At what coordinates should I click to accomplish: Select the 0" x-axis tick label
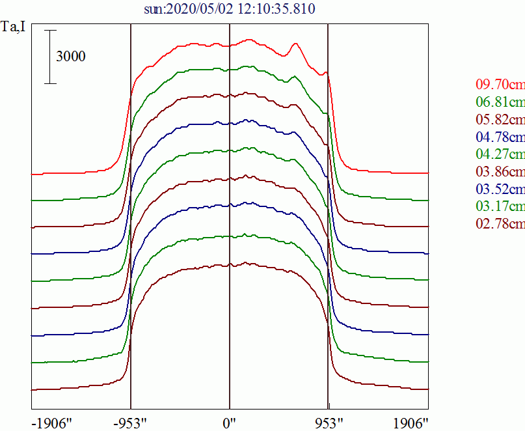pos(230,422)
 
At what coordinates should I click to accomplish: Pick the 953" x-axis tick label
pos(328,422)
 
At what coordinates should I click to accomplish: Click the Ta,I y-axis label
pos(14,28)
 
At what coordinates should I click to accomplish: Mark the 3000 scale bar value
pos(70,57)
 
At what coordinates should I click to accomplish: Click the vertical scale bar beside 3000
pos(51,57)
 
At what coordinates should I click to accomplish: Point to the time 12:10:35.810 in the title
pos(277,9)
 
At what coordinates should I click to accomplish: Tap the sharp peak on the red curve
pos(296,44)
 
